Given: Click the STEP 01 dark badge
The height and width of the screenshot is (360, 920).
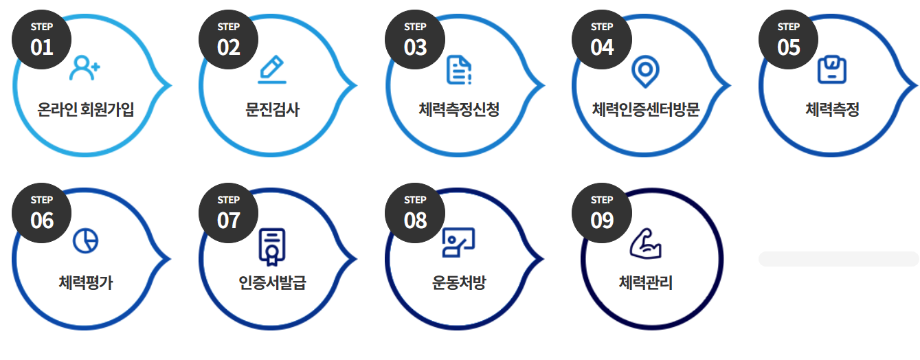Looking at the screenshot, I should [42, 39].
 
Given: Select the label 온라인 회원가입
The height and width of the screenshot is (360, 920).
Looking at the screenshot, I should [86, 109].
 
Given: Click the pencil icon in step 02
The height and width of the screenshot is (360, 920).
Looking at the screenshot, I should [272, 69].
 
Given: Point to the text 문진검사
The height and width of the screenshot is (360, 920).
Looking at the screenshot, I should [272, 109].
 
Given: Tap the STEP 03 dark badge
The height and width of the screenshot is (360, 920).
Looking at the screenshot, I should [415, 39].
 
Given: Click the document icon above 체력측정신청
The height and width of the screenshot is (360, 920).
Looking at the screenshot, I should [459, 69].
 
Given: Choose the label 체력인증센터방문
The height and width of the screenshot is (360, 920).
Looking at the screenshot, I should [646, 109].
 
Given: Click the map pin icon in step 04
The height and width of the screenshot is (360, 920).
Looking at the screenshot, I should [645, 71].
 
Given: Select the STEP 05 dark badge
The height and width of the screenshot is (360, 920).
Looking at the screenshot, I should [789, 39].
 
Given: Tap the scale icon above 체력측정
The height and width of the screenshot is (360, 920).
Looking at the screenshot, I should [832, 69].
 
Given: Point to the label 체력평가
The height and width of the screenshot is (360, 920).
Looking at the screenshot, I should [86, 282].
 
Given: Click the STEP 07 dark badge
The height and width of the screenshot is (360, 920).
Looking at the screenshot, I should [229, 212].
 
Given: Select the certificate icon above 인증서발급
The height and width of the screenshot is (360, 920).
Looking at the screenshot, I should [272, 246].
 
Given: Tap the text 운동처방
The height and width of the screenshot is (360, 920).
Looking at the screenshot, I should [459, 282].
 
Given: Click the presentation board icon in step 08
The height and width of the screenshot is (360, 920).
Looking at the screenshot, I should [458, 242].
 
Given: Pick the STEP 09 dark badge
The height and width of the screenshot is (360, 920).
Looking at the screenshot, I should [602, 212].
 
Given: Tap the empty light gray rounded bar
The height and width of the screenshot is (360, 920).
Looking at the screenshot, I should [838, 259].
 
